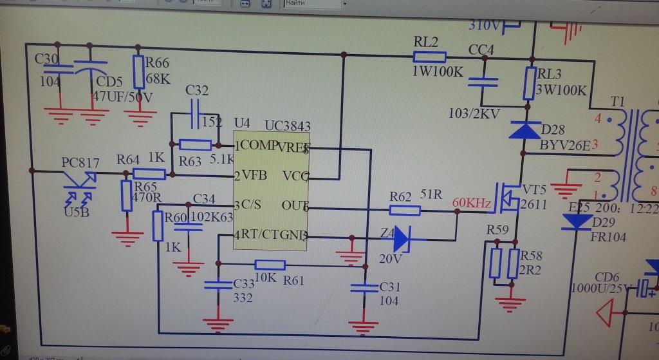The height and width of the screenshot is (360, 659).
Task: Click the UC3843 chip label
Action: pos(288,124)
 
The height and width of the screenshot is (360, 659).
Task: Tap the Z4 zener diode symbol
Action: pos(402,238)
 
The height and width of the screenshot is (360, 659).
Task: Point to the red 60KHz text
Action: pos(472,204)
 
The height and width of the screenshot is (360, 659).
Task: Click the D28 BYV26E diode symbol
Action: pos(529,131)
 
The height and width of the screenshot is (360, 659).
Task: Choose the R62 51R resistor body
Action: pos(405,209)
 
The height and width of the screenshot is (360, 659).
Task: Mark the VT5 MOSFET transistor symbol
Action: pos(509,197)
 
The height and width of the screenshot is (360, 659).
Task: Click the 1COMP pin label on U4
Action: pos(255,146)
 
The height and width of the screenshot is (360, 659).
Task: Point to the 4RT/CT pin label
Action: pos(263,235)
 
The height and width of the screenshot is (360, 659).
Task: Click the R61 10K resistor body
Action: pos(270,264)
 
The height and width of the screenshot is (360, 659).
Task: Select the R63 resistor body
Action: pos(196,145)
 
